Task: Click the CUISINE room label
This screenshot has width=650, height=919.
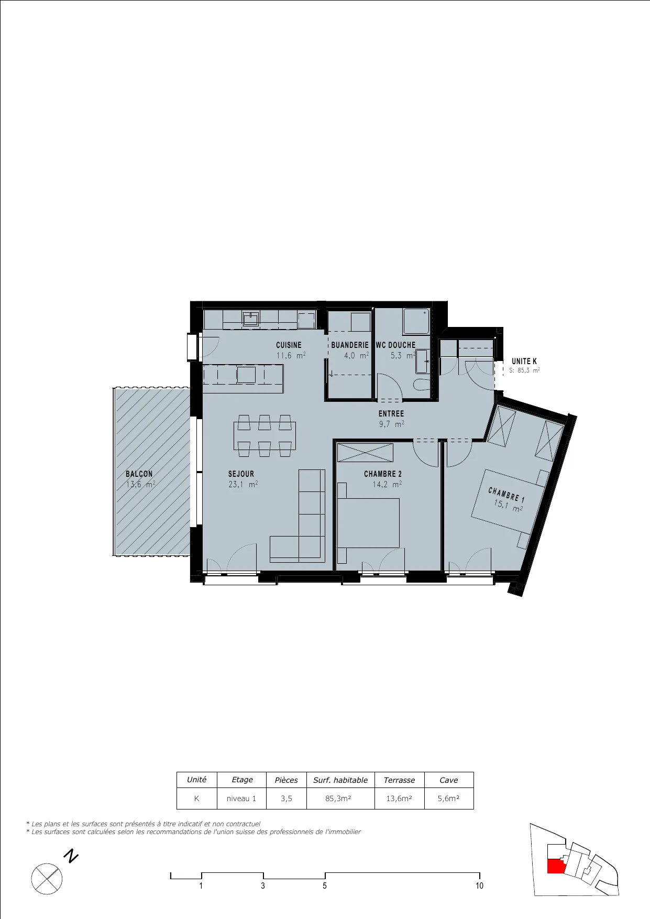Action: coord(289,345)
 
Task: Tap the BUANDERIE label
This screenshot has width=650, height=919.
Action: coord(350,345)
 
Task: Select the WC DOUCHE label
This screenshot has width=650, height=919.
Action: coord(395,345)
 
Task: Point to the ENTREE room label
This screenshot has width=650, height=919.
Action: coord(391,413)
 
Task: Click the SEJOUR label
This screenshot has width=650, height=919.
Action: coord(241,474)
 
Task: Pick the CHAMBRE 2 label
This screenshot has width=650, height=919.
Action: coord(383,474)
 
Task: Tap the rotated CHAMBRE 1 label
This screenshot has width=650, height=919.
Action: coord(506,495)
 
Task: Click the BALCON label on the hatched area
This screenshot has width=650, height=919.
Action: coord(139,474)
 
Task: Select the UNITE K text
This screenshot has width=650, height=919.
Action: coord(524,361)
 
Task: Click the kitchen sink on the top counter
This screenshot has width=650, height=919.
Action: coord(251,318)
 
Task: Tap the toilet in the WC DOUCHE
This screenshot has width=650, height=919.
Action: coord(422,385)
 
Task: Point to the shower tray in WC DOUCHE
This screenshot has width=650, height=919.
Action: coord(416,321)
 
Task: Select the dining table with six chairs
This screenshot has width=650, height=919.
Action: coord(265,436)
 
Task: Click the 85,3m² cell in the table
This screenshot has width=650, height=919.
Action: coord(338,798)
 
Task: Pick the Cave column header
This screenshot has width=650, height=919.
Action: coord(449,780)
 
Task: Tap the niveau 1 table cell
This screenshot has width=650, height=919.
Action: coord(241,798)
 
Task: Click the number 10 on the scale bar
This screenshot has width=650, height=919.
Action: coord(479,885)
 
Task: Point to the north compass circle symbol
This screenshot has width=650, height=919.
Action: coord(47,879)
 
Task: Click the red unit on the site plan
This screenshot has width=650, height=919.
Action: coord(556,866)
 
